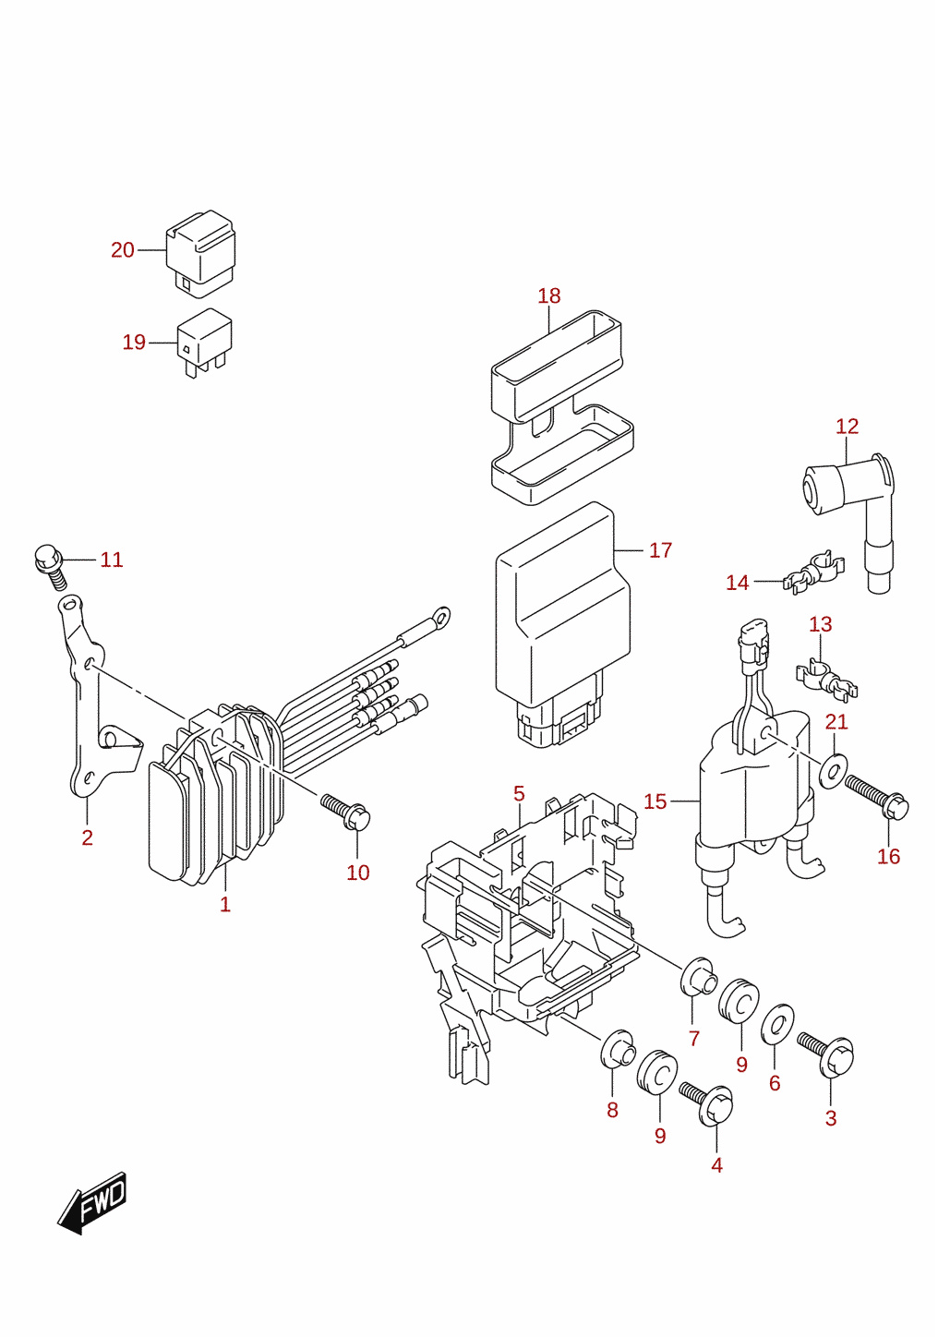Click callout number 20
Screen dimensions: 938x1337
(x=122, y=250)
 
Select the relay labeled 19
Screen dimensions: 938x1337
(x=204, y=343)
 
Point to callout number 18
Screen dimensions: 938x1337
(x=549, y=295)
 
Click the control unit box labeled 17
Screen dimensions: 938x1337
(x=562, y=624)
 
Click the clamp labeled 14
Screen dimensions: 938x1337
(x=814, y=572)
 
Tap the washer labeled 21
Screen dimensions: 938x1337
(x=834, y=771)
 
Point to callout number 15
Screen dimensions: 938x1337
(x=655, y=801)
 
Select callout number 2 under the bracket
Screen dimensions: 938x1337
(x=87, y=837)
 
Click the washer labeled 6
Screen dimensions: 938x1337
(x=776, y=1026)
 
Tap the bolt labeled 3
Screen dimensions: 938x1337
(x=826, y=1054)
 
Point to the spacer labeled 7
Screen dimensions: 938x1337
(x=699, y=977)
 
